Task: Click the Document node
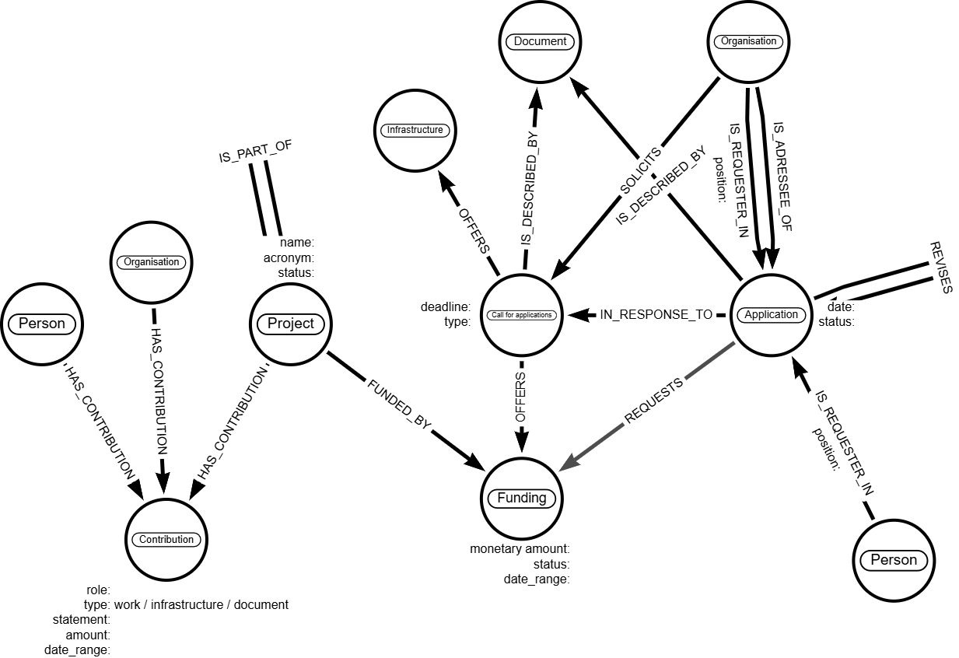click(x=540, y=42)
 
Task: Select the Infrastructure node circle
click(x=415, y=131)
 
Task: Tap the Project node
click(x=290, y=324)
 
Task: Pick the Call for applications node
click(x=521, y=315)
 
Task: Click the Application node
click(x=771, y=315)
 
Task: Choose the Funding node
click(x=521, y=499)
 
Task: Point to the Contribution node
click(x=166, y=539)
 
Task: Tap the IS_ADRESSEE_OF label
click(x=783, y=176)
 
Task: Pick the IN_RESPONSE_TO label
click(x=656, y=315)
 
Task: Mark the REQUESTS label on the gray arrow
click(x=654, y=401)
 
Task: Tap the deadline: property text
click(x=446, y=307)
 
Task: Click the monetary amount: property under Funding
click(x=520, y=549)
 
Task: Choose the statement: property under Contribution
click(x=81, y=620)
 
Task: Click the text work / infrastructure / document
click(x=201, y=604)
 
